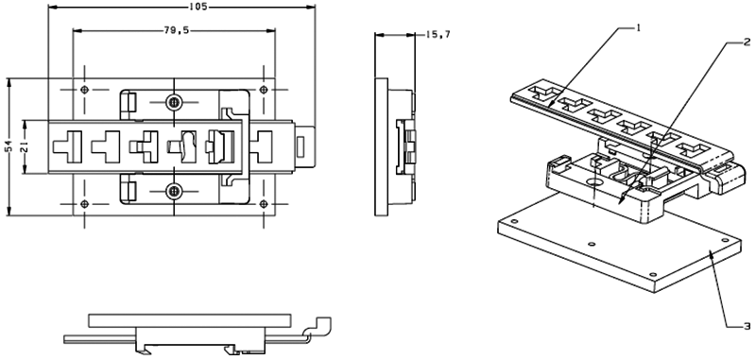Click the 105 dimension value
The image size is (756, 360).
click(198, 7)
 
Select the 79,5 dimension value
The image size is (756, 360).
click(176, 30)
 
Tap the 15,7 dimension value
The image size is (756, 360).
click(438, 35)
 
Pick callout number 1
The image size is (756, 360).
click(638, 28)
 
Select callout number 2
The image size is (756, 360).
click(747, 43)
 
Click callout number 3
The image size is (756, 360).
click(747, 326)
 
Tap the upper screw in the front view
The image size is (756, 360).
click(173, 102)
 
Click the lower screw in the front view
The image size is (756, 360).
click(173, 191)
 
